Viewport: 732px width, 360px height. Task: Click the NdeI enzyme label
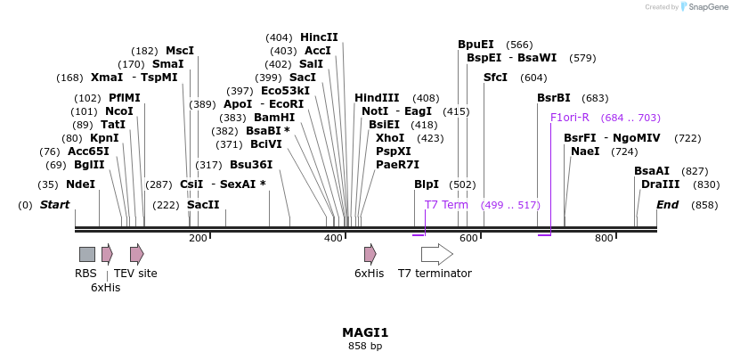pyautogui.click(x=80, y=184)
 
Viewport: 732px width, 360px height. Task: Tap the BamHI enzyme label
pyautogui.click(x=274, y=118)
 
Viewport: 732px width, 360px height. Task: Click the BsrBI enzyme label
pyautogui.click(x=553, y=98)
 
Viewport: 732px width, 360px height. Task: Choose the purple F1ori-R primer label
pyautogui.click(x=570, y=118)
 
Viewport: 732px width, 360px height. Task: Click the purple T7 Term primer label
pyautogui.click(x=446, y=205)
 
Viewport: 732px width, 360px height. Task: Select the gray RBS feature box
pyautogui.click(x=87, y=254)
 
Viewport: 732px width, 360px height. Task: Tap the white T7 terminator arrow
pyautogui.click(x=436, y=254)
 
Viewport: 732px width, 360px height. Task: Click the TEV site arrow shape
pyautogui.click(x=136, y=254)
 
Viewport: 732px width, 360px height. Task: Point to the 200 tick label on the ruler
pyautogui.click(x=198, y=238)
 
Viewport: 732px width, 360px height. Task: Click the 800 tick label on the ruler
pyautogui.click(x=604, y=238)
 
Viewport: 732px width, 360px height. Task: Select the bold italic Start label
pyautogui.click(x=54, y=205)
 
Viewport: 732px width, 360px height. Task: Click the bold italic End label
pyautogui.click(x=667, y=205)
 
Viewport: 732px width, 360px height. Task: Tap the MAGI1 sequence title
pyautogui.click(x=365, y=332)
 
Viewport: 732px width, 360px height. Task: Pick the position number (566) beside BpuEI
pyautogui.click(x=519, y=45)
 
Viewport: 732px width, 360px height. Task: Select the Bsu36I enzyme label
pyautogui.click(x=251, y=165)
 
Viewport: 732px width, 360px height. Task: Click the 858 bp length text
pyautogui.click(x=365, y=346)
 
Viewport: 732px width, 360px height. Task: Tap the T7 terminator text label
pyautogui.click(x=435, y=274)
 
